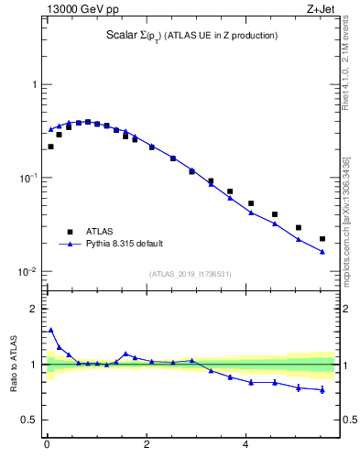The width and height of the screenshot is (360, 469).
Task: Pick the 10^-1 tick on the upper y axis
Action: [27, 179]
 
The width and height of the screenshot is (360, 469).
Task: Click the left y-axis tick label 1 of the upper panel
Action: [35, 84]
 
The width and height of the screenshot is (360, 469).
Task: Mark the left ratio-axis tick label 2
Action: [35, 309]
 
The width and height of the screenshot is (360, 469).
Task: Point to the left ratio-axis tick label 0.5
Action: [31, 420]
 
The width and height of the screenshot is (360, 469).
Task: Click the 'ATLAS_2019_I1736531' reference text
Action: [190, 274]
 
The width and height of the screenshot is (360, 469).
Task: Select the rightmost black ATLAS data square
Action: [322, 239]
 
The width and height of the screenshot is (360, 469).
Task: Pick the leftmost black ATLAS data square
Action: [50, 147]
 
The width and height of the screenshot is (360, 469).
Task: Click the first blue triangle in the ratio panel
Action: [50, 330]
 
